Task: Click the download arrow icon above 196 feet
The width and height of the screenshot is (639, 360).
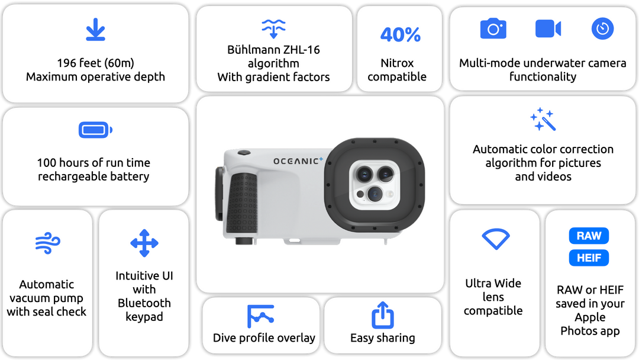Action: click(x=96, y=30)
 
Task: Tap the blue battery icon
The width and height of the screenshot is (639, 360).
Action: click(x=96, y=130)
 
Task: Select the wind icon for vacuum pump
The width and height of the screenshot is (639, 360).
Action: click(x=48, y=243)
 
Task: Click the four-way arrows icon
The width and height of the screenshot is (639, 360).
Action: click(x=144, y=243)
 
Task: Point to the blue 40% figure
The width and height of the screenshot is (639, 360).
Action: click(x=400, y=35)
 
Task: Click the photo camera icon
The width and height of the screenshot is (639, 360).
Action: click(x=493, y=28)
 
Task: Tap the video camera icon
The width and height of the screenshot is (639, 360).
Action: click(x=548, y=28)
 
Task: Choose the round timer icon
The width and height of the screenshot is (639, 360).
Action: click(x=602, y=28)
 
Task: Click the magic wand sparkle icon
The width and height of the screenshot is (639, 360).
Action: click(x=543, y=119)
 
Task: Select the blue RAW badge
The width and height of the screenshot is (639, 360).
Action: click(x=589, y=236)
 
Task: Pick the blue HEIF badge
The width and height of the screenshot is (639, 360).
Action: click(x=589, y=258)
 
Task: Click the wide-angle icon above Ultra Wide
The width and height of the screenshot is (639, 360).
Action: click(x=496, y=239)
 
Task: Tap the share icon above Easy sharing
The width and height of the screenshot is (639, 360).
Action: click(x=383, y=315)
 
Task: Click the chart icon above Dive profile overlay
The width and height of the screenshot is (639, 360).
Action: click(x=260, y=316)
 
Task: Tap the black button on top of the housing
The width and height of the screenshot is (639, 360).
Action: click(x=244, y=153)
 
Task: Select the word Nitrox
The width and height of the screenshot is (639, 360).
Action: click(x=397, y=63)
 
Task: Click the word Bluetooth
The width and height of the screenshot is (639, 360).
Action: click(x=144, y=303)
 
